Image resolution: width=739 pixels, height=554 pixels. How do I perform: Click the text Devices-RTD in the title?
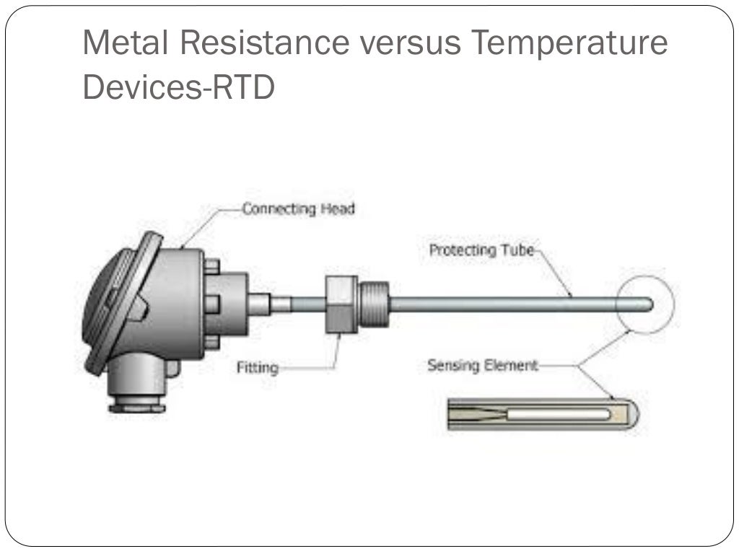179,88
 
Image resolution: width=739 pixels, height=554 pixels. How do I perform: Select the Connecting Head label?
298,209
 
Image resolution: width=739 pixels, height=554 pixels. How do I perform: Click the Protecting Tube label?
481,250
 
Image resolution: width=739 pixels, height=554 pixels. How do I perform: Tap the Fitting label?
257,368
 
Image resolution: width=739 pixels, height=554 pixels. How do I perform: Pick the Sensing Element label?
483,366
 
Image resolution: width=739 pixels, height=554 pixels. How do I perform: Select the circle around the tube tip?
646,277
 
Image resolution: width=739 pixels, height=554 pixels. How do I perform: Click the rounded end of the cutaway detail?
634,415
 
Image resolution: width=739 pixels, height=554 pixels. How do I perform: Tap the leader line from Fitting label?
318,368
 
